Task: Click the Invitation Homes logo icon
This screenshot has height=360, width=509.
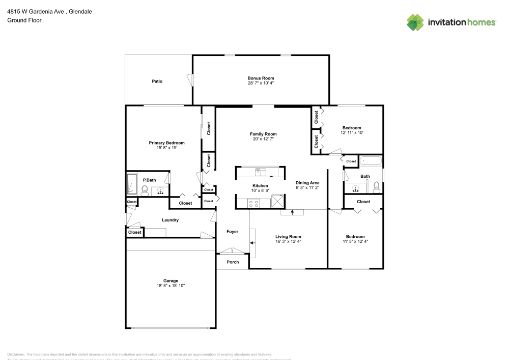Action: [x=415, y=22]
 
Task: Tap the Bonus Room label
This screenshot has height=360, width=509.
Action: [x=261, y=78]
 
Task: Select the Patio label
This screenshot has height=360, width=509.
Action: [x=157, y=81]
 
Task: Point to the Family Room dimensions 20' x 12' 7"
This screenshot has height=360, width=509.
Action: [x=263, y=139]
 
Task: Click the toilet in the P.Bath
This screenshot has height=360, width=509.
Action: [x=145, y=191]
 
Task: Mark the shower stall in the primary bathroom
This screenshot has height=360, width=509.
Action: [x=131, y=184]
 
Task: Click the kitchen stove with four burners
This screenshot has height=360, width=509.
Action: [x=252, y=203]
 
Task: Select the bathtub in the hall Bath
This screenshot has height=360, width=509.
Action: [x=371, y=161]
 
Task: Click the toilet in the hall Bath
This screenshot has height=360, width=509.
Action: [x=377, y=187]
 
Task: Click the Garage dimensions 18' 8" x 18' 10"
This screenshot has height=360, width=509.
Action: [x=171, y=286]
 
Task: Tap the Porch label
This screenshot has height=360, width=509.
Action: [x=233, y=262]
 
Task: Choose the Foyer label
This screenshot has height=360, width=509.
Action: [x=232, y=232]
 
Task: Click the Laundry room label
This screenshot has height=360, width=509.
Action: [x=170, y=220]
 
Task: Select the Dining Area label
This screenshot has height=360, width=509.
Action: [x=307, y=182]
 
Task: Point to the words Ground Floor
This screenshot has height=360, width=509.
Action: [x=24, y=20]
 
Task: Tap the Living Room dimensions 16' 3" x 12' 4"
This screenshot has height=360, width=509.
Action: [x=288, y=241]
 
